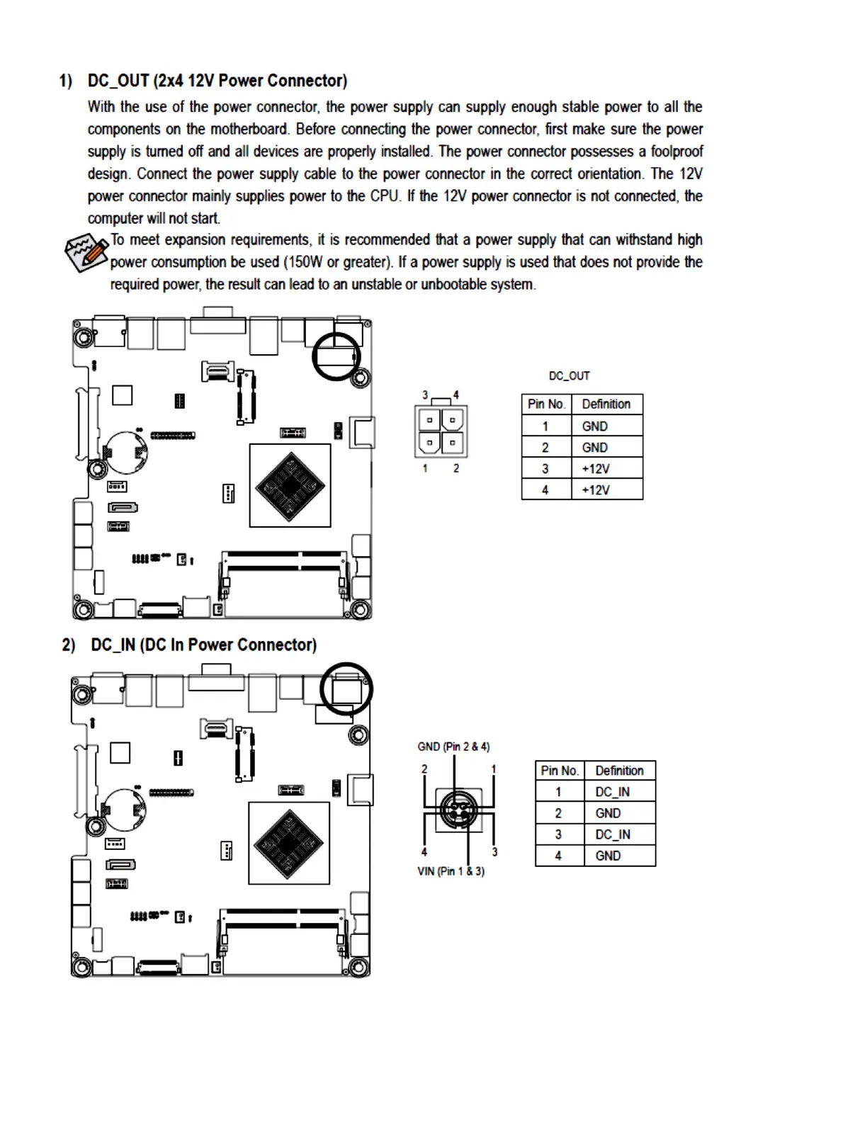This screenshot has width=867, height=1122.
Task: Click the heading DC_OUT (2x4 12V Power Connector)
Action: (217, 81)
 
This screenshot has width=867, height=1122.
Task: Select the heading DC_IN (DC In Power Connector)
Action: (203, 645)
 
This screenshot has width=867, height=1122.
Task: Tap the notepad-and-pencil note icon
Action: (86, 252)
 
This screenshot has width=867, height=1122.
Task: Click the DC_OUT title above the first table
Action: (569, 376)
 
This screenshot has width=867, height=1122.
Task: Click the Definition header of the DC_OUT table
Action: (606, 404)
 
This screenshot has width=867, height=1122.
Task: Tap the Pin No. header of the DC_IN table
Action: (560, 771)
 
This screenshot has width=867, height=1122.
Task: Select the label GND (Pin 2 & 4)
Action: (453, 747)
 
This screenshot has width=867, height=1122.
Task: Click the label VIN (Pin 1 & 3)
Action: (451, 871)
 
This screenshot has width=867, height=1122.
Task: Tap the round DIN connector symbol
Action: (458, 810)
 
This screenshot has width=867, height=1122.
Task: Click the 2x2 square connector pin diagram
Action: (441, 431)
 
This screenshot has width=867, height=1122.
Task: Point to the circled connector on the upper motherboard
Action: (336, 356)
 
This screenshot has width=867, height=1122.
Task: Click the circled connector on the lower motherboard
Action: (346, 688)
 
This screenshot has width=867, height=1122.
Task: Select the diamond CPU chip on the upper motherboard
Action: (290, 486)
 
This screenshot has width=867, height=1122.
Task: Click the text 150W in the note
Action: (305, 262)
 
